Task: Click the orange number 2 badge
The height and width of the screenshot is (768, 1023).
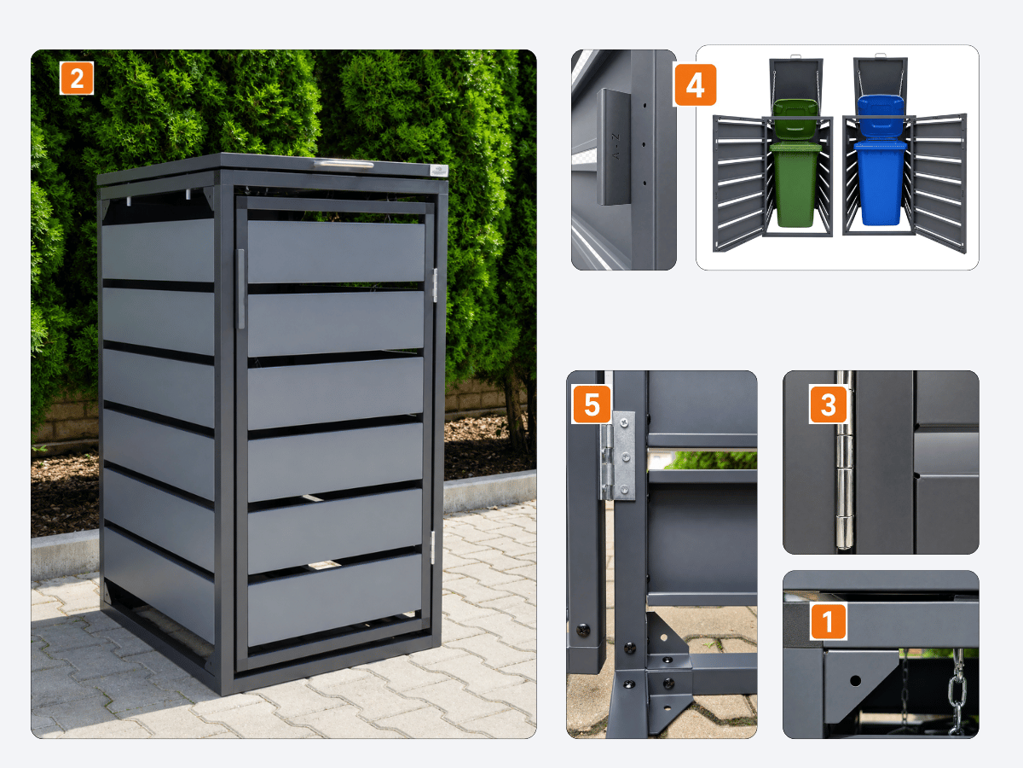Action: coord(77,78)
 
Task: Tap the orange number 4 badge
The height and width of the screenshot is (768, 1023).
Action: coord(695,84)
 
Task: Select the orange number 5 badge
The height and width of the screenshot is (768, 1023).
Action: coord(592,404)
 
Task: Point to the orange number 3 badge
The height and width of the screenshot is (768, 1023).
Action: coord(828,404)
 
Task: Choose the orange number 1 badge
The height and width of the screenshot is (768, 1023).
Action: coord(828,621)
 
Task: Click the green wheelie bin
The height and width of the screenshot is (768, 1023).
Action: coord(795,163)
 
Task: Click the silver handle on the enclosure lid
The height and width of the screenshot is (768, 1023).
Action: coord(344,164)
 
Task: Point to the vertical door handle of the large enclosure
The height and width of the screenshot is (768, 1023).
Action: coord(240,289)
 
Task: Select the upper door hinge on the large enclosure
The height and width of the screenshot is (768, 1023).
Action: coord(435,285)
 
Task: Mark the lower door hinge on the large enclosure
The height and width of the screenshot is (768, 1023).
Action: coord(432,548)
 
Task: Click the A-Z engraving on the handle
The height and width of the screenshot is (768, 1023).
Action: coord(616,147)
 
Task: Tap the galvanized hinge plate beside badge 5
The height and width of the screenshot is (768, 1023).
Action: coord(618,456)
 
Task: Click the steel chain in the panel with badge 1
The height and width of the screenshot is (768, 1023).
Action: coord(957,690)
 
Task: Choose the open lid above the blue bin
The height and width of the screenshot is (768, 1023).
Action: coord(881,77)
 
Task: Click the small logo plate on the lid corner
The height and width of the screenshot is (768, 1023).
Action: coord(438,171)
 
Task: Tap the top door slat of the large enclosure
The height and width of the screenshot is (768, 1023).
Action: coord(336,252)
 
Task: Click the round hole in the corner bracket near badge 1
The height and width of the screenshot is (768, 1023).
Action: coord(855,681)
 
